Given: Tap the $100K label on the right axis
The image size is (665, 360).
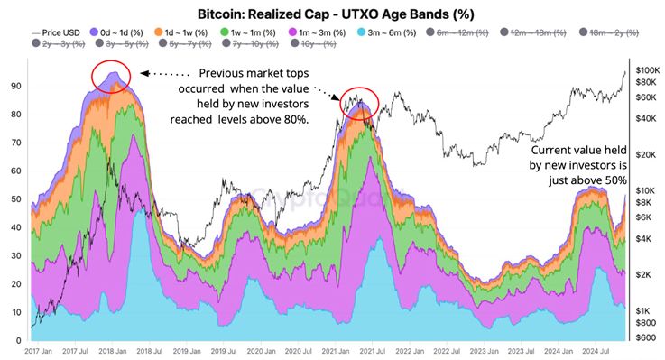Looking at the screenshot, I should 647,69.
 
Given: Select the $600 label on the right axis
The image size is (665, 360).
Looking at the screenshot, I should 646,337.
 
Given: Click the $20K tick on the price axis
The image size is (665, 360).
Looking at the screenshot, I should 646,155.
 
